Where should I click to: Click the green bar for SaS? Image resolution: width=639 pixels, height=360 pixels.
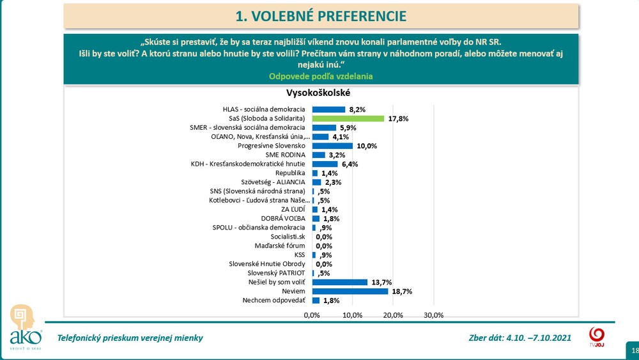[x=348, y=118]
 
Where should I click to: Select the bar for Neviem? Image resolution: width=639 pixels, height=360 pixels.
[x=350, y=291]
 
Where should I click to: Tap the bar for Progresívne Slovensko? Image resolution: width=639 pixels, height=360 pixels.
[x=332, y=146]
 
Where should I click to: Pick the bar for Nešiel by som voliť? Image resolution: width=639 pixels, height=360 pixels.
[x=340, y=282]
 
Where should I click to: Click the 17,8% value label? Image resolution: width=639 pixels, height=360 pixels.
[x=399, y=118]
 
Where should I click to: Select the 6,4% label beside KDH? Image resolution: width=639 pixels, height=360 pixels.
[x=350, y=164]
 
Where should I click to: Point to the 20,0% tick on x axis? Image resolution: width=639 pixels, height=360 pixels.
[x=393, y=315]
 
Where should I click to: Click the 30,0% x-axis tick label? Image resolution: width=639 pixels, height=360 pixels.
[x=434, y=315]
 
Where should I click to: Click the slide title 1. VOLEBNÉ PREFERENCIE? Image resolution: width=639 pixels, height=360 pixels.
[x=321, y=15]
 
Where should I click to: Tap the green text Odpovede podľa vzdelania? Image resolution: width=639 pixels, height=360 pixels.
[x=321, y=76]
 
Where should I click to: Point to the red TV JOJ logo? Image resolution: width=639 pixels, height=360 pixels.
[x=596, y=336]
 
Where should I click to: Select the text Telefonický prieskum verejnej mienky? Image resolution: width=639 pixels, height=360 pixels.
[x=130, y=338]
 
